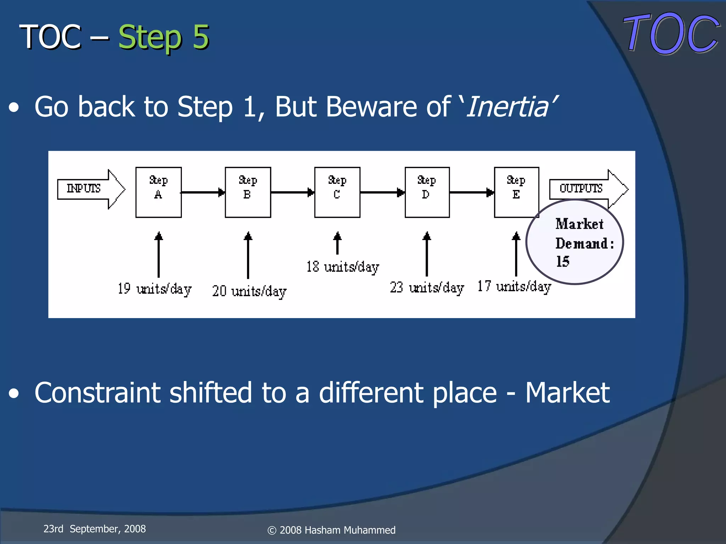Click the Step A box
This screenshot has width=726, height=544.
[x=158, y=192]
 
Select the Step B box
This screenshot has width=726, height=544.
[x=248, y=192]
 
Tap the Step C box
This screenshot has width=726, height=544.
[x=337, y=192]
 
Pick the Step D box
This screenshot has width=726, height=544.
[x=427, y=192]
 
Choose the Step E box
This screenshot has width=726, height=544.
[x=516, y=192]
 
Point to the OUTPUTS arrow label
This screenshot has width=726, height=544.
[x=581, y=188]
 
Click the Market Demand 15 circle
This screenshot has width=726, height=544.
[x=575, y=242]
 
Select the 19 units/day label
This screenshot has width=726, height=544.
[x=155, y=289]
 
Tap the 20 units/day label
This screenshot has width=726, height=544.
[x=249, y=291]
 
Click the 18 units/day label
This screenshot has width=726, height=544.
[x=343, y=267]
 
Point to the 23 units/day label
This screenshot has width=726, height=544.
[x=427, y=288]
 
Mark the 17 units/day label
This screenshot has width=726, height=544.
[x=514, y=287]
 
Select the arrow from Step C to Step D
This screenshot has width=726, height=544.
[x=382, y=192]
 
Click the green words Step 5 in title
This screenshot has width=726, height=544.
[x=163, y=37]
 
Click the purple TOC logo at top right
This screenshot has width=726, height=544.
[x=671, y=34]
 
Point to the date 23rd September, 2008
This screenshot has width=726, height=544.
[x=94, y=529]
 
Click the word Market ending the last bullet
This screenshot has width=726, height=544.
[x=567, y=393]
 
